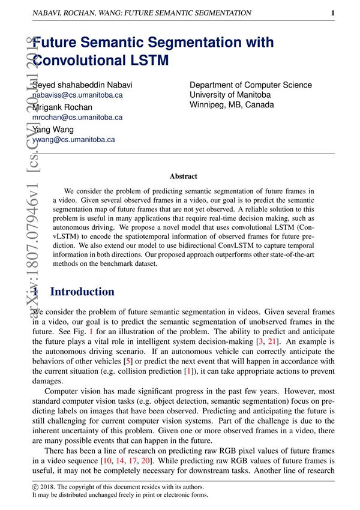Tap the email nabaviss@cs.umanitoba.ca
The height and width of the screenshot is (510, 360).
(x=77, y=95)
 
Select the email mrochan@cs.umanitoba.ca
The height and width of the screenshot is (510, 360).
(x=77, y=118)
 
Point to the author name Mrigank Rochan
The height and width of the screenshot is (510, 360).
(x=62, y=107)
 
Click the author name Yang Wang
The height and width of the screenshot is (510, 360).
(x=53, y=130)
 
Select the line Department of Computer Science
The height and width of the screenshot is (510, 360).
(x=251, y=85)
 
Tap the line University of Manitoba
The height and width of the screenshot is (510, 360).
(x=230, y=95)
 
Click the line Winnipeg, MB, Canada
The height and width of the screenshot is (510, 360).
(x=232, y=104)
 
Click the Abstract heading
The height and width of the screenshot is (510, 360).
(x=183, y=176)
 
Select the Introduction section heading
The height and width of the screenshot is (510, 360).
(x=82, y=292)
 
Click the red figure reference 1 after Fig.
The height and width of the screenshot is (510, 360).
(x=91, y=331)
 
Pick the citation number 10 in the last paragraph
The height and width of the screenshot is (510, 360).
(x=111, y=460)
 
